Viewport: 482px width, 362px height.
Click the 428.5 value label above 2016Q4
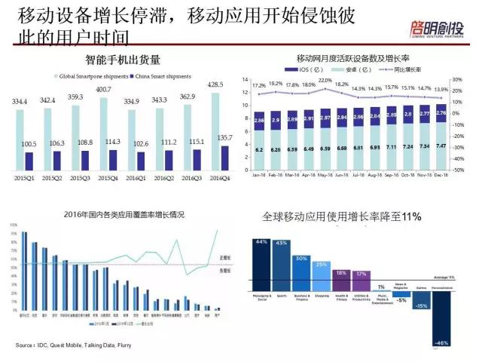[215, 84]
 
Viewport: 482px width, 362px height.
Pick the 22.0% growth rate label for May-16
[325, 80]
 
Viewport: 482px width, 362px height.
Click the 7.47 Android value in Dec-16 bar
[441, 146]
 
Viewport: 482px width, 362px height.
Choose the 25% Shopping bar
[322, 277]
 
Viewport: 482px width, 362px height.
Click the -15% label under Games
[422, 305]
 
